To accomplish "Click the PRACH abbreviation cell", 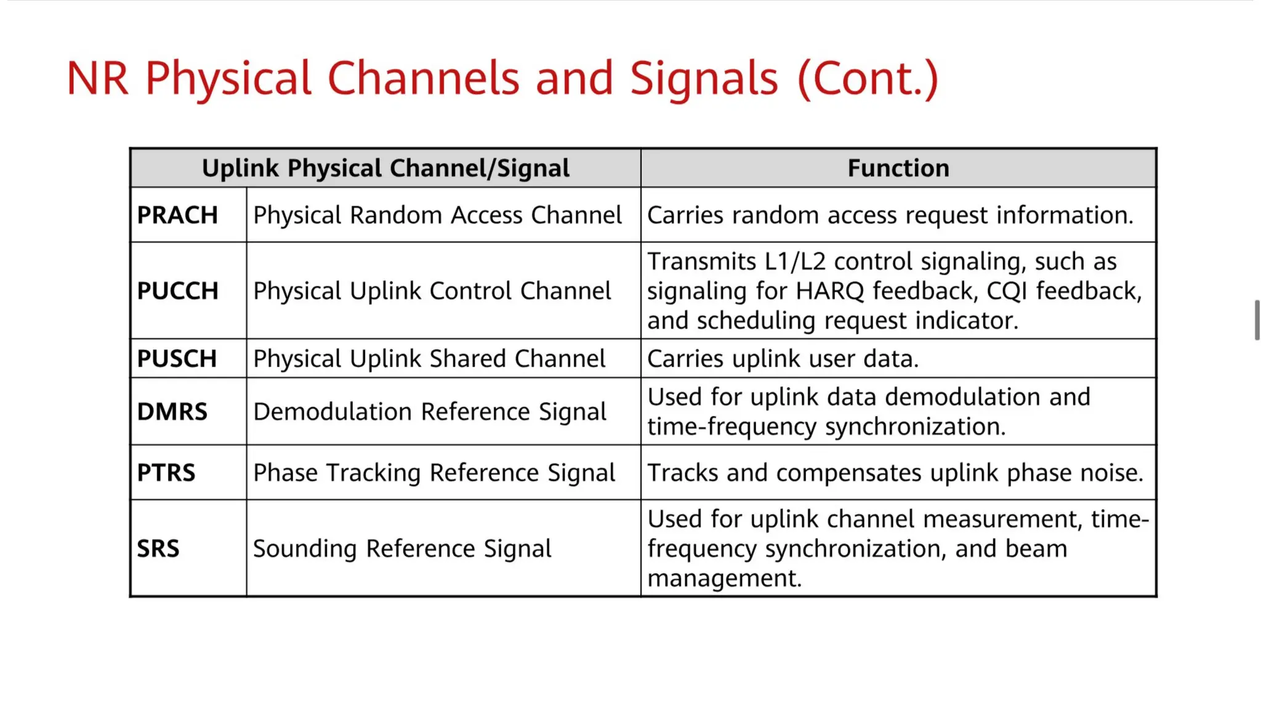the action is pos(177,215).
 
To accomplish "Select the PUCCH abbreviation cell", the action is pos(177,290).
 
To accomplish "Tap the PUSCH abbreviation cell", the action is pos(177,359).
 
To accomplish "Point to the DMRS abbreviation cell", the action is pos(172,412).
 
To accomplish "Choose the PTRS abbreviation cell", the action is pos(166,473).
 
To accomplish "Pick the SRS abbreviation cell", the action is pos(158,548).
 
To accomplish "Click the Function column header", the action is pos(898,168).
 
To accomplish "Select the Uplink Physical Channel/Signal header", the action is pos(385,168).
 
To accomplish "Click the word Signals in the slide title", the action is pos(704,79).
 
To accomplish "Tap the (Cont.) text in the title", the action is pos(868,79).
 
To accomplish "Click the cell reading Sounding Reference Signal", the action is pos(402,548).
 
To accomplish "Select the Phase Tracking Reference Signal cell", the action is pos(434,473).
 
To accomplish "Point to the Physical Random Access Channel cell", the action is pos(437,215).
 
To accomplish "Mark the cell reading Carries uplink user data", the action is pos(783,359).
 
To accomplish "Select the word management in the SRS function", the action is pos(724,579).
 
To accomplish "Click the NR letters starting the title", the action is pos(97,79).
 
